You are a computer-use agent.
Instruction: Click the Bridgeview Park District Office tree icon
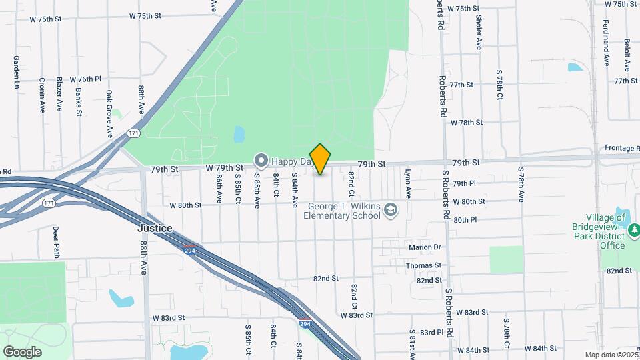coord(634,231)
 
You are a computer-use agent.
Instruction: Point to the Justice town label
coord(155,228)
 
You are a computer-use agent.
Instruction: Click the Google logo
coord(22,351)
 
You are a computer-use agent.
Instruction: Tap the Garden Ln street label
coord(15,72)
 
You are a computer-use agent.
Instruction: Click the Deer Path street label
coord(56,241)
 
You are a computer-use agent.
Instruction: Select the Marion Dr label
coord(424,247)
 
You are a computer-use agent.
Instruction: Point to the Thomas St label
coord(424,265)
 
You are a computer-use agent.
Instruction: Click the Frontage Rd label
coord(621,148)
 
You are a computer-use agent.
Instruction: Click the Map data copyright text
coord(611,355)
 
